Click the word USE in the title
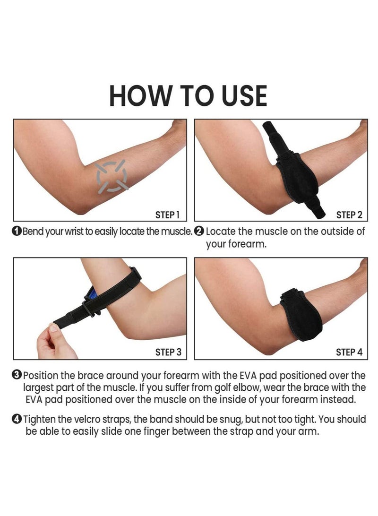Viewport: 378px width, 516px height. (x=241, y=96)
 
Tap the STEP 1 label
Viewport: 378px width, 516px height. (x=167, y=215)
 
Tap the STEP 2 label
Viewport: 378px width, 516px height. (x=349, y=215)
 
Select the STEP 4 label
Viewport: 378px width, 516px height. (x=349, y=352)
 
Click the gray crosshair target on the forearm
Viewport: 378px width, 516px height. (x=112, y=176)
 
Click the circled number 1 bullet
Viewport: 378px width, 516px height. (x=17, y=232)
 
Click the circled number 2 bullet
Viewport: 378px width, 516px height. (x=199, y=232)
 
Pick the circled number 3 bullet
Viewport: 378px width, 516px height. (x=17, y=376)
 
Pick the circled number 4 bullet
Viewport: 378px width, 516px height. (x=17, y=419)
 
